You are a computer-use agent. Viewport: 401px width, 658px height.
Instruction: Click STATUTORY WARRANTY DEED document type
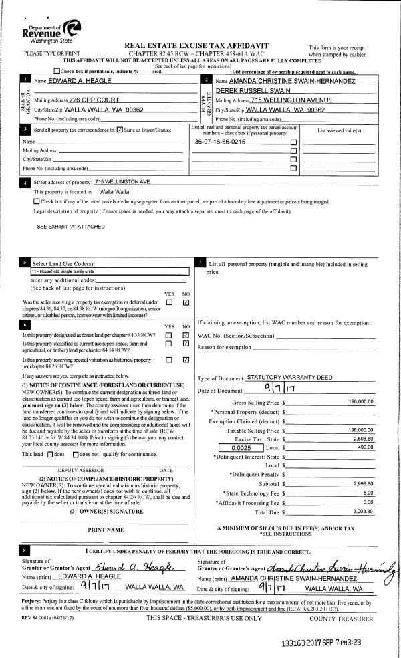[289, 378]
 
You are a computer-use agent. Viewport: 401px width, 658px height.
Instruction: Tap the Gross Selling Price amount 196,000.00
[360, 402]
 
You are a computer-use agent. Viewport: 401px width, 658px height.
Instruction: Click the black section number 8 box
[25, 550]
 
